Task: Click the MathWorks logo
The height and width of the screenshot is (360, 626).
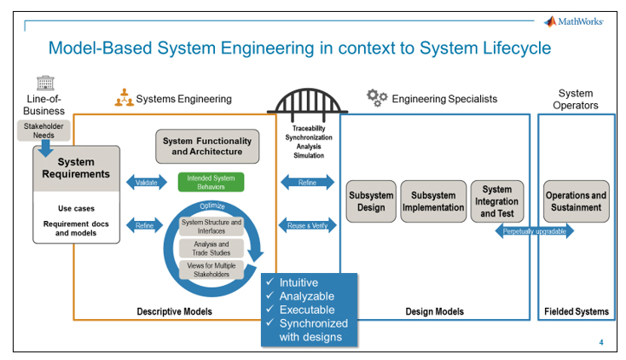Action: pyautogui.click(x=576, y=20)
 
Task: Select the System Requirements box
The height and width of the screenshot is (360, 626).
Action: pyautogui.click(x=76, y=168)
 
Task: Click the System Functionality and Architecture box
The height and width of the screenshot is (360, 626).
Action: pyautogui.click(x=206, y=146)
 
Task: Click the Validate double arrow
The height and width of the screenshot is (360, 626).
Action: pyautogui.click(x=146, y=182)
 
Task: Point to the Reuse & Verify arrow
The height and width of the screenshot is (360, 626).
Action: pyautogui.click(x=308, y=225)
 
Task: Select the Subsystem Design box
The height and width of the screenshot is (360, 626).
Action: pyautogui.click(x=370, y=200)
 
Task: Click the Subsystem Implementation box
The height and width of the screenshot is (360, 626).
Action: pyautogui.click(x=433, y=200)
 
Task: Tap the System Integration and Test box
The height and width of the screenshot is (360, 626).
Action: pyautogui.click(x=496, y=201)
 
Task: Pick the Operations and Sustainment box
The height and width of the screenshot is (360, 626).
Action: pyautogui.click(x=577, y=201)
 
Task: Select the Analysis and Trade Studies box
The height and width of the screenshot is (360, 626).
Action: pyautogui.click(x=211, y=247)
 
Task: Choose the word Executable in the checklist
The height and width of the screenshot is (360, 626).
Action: pyautogui.click(x=307, y=309)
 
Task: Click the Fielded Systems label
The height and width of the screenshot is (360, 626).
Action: pyautogui.click(x=577, y=311)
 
